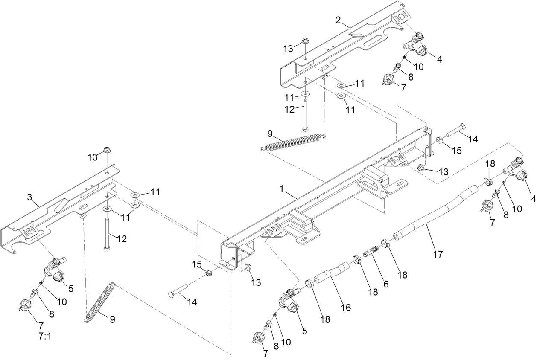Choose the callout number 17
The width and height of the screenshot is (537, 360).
pos(438,254)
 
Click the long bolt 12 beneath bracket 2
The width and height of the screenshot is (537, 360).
pos(305,115)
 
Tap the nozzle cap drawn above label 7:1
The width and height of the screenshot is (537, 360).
pos(26,305)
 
